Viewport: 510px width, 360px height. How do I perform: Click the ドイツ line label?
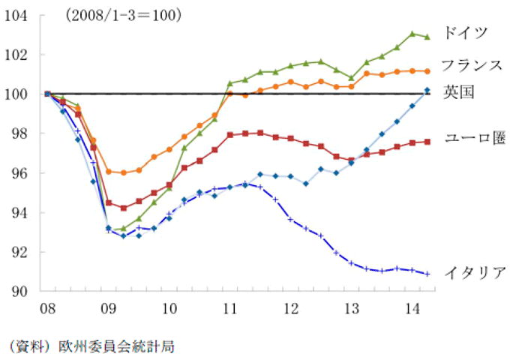pyautogui.click(x=466, y=32)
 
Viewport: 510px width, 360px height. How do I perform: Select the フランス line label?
pyautogui.click(x=472, y=65)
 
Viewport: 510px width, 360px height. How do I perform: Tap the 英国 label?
pyautogui.click(x=459, y=92)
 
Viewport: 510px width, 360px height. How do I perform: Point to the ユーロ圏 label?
pyautogui.click(x=475, y=138)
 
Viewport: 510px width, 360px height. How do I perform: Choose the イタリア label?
pyautogui.click(x=475, y=272)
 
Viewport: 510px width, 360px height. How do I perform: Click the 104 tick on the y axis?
pyautogui.click(x=16, y=16)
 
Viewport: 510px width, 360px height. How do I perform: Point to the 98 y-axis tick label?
pyautogui.click(x=19, y=133)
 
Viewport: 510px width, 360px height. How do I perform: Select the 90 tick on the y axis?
pyautogui.click(x=19, y=292)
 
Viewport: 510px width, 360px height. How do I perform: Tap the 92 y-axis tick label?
pyautogui.click(x=19, y=252)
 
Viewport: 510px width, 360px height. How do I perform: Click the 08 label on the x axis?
pyautogui.click(x=47, y=308)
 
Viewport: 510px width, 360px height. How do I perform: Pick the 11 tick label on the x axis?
pyautogui.click(x=230, y=308)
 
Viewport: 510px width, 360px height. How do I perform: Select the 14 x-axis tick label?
pyautogui.click(x=412, y=308)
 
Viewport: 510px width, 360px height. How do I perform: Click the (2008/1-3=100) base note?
pyautogui.click(x=123, y=16)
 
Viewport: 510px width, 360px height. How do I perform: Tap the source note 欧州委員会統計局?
pyautogui.click(x=116, y=346)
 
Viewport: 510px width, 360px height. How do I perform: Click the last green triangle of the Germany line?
pyautogui.click(x=427, y=37)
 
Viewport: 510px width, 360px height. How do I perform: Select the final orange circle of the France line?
pyautogui.click(x=427, y=71)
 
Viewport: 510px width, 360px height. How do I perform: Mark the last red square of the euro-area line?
pyautogui.click(x=427, y=142)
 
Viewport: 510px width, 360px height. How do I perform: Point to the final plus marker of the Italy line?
pyautogui.click(x=427, y=274)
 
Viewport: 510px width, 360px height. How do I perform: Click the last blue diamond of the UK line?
pyautogui.click(x=427, y=90)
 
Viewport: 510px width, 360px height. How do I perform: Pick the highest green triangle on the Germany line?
pyautogui.click(x=412, y=34)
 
